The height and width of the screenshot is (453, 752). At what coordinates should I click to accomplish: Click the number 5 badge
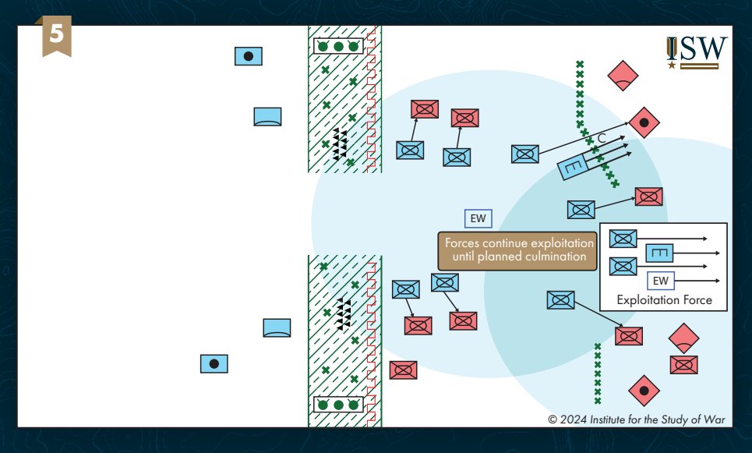(x=55, y=37)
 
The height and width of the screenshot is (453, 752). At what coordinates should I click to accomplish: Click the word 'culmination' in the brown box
(x=552, y=257)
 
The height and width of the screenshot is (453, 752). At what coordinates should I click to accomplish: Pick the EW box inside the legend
(x=661, y=280)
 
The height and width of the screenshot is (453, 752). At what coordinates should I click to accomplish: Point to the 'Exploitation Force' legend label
(x=664, y=299)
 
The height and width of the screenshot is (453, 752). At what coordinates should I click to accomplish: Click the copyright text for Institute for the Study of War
(x=636, y=419)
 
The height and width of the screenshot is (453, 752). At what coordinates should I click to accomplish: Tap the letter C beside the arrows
(x=602, y=138)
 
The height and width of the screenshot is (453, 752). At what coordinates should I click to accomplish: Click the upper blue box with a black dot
(x=249, y=56)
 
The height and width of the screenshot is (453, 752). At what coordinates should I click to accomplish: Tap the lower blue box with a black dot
(x=214, y=363)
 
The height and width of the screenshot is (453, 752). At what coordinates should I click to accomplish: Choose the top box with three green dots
(x=338, y=47)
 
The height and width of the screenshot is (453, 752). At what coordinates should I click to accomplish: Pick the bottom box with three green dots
(x=338, y=405)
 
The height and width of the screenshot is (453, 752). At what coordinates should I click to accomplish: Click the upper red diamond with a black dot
(x=644, y=122)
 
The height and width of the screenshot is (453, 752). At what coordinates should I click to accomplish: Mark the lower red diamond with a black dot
(x=644, y=390)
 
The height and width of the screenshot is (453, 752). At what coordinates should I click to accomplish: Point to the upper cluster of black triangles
(x=339, y=145)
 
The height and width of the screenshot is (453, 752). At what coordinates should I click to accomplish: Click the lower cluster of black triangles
(x=342, y=313)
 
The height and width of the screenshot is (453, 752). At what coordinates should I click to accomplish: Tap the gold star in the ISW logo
(x=672, y=65)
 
